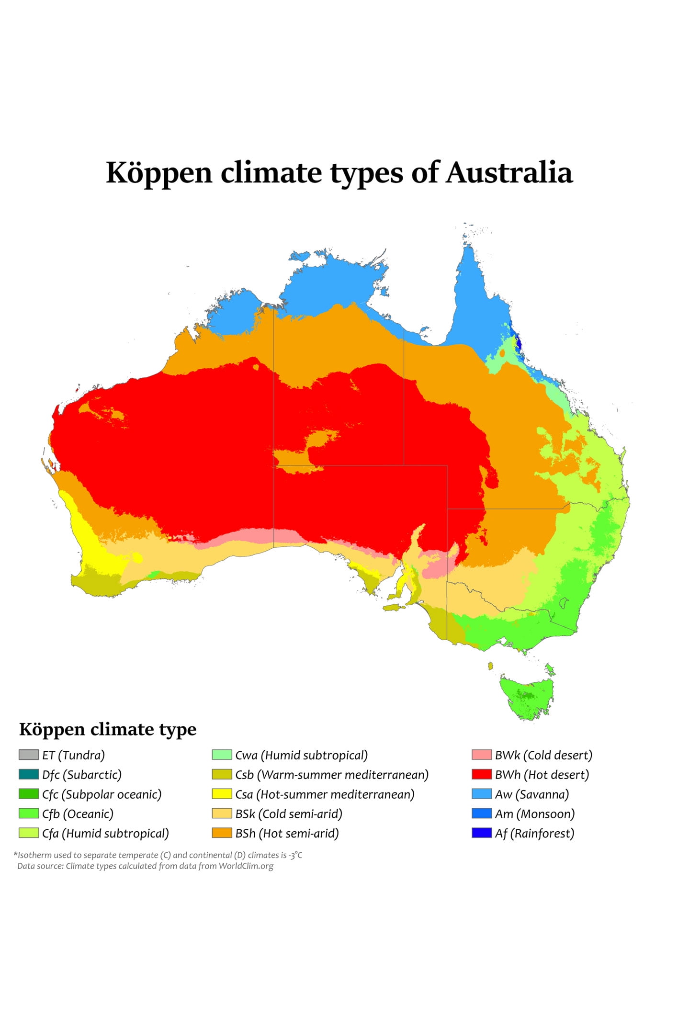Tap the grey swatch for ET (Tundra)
point(28,755)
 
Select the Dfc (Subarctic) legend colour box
point(28,774)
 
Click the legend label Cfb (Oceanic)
point(78,814)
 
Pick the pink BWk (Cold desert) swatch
point(481,755)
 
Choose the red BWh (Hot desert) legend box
point(481,774)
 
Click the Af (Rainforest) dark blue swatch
point(481,833)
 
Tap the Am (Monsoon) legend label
point(534,814)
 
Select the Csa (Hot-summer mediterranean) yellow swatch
point(222,794)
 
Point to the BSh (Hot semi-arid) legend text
point(287,833)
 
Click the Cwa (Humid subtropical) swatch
point(222,755)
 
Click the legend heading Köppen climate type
point(108,729)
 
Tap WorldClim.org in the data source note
point(246,866)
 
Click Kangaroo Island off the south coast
point(394,608)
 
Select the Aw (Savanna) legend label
point(531,794)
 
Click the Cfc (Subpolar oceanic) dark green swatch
point(28,794)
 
